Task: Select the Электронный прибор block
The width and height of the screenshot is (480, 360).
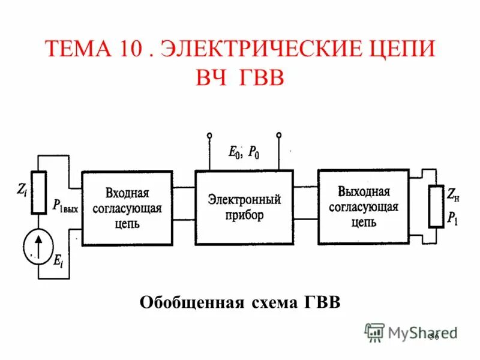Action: click(x=244, y=207)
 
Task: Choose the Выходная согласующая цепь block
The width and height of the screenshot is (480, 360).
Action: click(x=363, y=207)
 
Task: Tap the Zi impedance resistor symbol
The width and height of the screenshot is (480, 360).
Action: click(x=39, y=193)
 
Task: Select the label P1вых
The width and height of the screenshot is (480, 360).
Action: click(x=65, y=207)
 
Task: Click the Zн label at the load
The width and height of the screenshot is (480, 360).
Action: click(x=453, y=193)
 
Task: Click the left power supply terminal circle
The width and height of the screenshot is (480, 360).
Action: click(x=209, y=134)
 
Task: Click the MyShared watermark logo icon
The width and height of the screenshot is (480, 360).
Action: click(x=374, y=332)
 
